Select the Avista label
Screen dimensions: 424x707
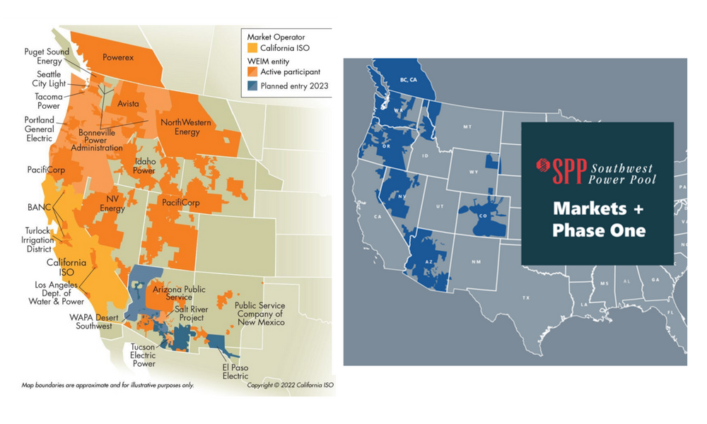pyautogui.click(x=128, y=104)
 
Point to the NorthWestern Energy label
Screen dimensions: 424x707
pyautogui.click(x=187, y=127)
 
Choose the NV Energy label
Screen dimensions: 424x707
pyautogui.click(x=112, y=204)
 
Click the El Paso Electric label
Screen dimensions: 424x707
pyautogui.click(x=235, y=372)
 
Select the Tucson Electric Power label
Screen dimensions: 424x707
pyautogui.click(x=144, y=355)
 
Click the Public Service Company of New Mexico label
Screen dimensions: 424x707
pyautogui.click(x=259, y=314)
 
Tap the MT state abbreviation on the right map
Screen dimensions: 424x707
pyautogui.click(x=467, y=127)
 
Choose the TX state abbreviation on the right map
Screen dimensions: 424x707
pyautogui.click(x=525, y=298)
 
